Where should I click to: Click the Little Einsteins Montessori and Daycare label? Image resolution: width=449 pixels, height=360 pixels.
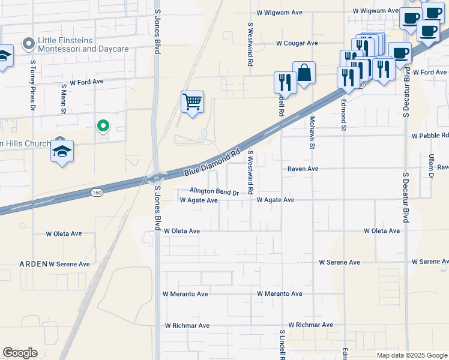point(83,44)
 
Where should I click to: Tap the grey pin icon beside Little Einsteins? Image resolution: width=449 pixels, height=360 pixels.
point(27,43)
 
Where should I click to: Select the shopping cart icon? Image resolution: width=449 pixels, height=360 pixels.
point(192,102)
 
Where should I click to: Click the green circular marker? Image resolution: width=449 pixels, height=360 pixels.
point(103,125)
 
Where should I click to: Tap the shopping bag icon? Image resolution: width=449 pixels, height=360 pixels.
point(304,73)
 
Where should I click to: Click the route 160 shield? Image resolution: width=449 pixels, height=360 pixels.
point(97,192)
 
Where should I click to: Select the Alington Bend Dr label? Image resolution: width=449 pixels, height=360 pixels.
point(214,192)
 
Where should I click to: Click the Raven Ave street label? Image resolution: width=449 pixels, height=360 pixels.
point(303,169)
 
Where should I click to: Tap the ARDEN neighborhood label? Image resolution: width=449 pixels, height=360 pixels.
point(33,263)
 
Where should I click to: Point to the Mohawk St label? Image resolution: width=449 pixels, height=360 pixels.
point(312,133)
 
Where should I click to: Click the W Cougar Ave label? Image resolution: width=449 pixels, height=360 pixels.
point(297,43)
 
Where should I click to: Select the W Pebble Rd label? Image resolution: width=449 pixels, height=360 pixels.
point(430,136)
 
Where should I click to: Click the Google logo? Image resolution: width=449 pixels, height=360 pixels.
point(20,353)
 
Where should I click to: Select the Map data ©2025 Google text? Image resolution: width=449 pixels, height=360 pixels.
point(411,355)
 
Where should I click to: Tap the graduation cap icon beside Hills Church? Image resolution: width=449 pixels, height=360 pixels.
point(62,152)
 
